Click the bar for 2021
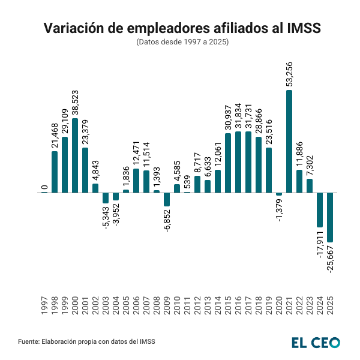tap(289, 142)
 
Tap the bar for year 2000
tap(75, 155)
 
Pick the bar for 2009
tap(167, 199)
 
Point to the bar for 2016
tap(238, 162)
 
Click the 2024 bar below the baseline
tap(320, 210)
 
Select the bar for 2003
tap(106, 198)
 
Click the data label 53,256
tap(289, 72)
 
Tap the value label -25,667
tap(330, 259)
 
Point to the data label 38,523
tap(75, 99)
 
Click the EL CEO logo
tap(316, 342)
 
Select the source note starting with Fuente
tap(86, 341)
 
